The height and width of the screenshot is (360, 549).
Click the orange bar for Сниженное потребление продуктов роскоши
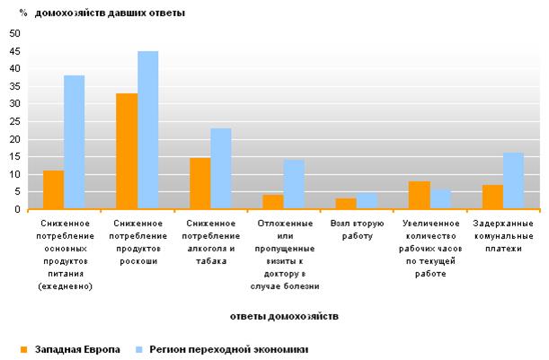click(x=127, y=152)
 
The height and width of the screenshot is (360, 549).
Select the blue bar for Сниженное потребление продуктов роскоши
click(x=147, y=131)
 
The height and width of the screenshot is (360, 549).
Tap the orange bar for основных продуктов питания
click(x=54, y=190)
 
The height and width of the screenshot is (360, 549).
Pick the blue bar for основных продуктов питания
click(x=75, y=143)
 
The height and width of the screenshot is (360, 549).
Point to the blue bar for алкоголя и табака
click(x=220, y=170)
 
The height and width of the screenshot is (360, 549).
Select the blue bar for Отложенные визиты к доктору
click(x=294, y=185)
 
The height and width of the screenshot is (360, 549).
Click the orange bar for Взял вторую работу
click(x=346, y=204)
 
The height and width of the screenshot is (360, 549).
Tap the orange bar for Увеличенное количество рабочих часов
click(x=418, y=196)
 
